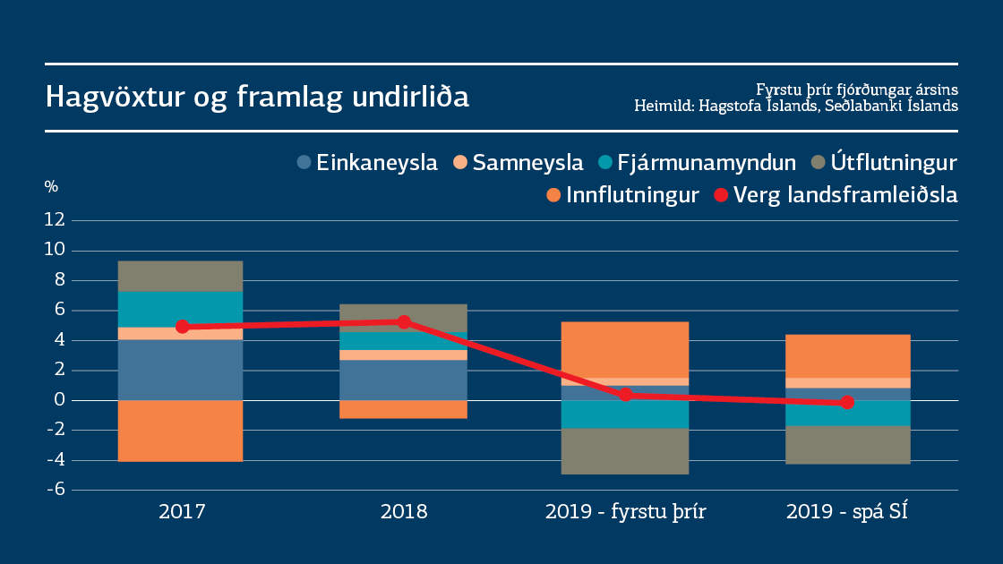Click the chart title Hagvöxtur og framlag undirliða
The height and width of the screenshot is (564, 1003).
[x=257, y=97]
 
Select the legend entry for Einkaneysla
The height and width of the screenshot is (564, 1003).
[x=367, y=163]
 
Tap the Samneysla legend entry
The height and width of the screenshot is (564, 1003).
[x=519, y=163]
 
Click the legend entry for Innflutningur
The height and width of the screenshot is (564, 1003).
[x=622, y=195]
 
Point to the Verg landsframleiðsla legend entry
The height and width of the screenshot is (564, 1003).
[x=836, y=195]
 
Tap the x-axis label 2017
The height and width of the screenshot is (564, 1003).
[x=182, y=513]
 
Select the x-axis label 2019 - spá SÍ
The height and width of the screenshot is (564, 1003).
[x=848, y=513]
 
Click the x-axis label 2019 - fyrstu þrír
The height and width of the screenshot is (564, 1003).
[x=625, y=513]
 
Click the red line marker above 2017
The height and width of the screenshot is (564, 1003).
[x=182, y=327]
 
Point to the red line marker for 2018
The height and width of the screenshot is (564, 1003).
[x=404, y=322]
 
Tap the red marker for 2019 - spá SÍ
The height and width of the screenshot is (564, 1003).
[x=848, y=403]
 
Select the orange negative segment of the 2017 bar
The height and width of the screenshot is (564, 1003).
[x=181, y=431]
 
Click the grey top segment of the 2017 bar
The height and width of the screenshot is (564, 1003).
[x=181, y=276]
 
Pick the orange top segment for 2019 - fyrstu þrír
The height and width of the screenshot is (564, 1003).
[x=625, y=349]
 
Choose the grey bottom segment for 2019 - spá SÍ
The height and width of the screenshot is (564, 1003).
[x=848, y=444]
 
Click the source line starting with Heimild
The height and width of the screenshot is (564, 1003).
[x=796, y=106]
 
